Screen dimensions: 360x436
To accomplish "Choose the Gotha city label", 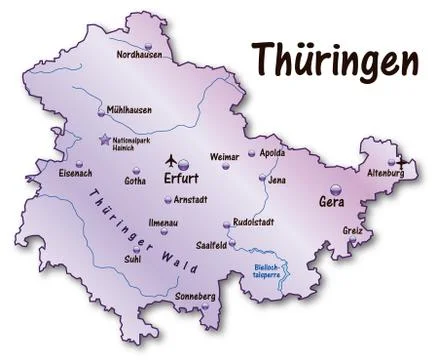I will [135, 181].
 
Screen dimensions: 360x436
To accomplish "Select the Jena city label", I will [278, 180].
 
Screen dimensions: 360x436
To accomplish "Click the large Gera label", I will [331, 202].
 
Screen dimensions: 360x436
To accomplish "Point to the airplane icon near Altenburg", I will [402, 161].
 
